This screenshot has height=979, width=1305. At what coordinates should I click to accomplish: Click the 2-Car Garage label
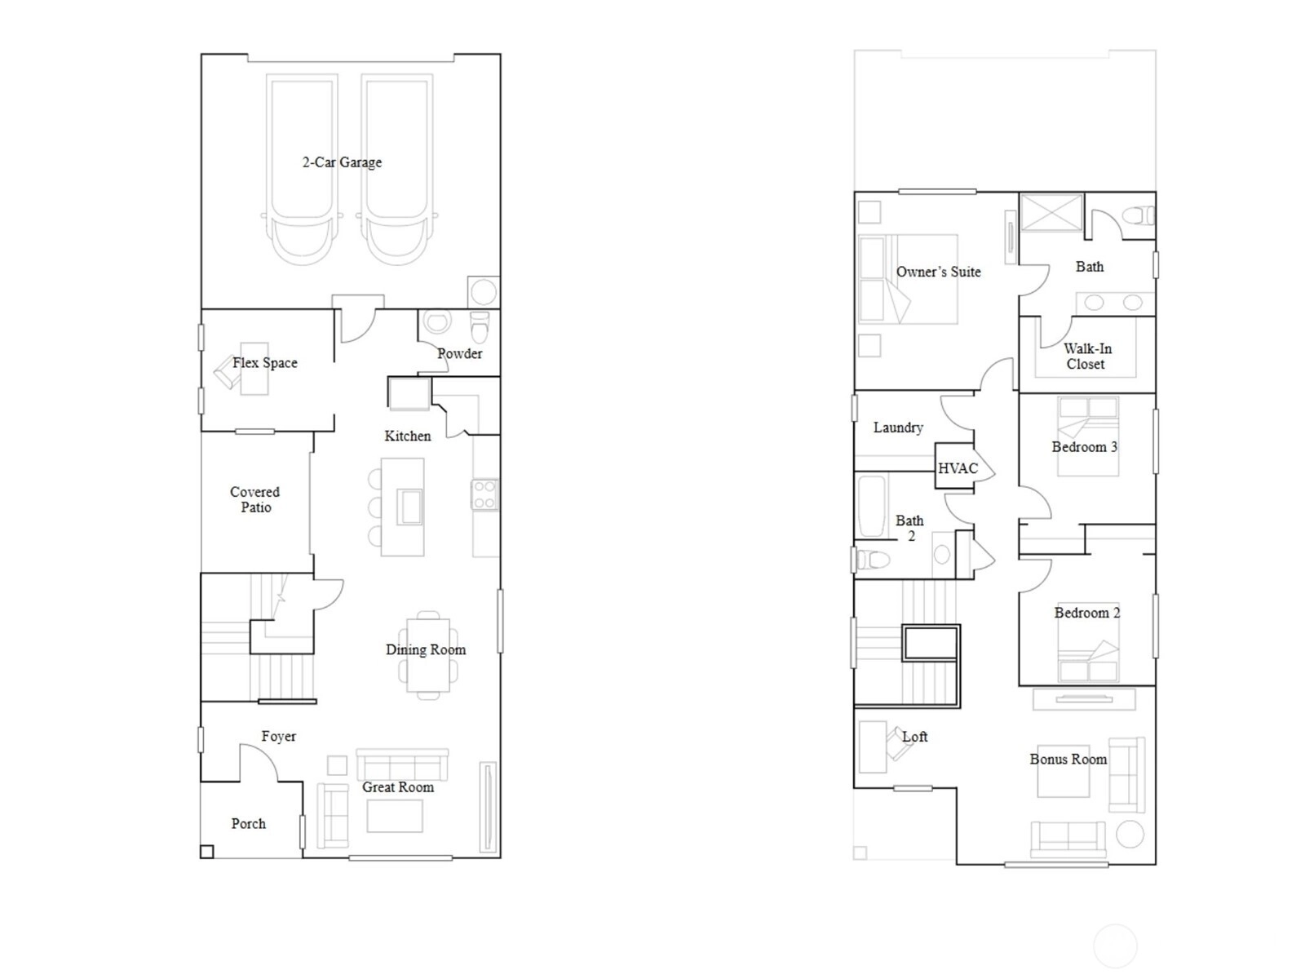342,162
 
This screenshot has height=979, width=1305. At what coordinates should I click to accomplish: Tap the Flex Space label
264,362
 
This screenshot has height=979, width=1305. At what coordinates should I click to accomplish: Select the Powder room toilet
480,327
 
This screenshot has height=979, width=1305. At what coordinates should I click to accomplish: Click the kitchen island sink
409,506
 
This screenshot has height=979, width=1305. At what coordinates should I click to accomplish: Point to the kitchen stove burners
484,494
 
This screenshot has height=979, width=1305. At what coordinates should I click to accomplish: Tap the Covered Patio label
255,499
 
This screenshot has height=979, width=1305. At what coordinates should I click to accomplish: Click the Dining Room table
428,655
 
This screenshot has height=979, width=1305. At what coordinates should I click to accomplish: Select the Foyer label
278,737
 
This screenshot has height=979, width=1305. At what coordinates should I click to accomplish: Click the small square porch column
206,851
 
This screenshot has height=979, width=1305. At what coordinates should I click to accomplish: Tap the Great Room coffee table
395,816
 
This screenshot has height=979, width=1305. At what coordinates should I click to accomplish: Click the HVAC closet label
958,468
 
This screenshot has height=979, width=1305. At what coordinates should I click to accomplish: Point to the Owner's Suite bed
908,279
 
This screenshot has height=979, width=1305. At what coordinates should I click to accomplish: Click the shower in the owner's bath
1051,211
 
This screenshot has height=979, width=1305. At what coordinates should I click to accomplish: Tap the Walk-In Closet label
1086,356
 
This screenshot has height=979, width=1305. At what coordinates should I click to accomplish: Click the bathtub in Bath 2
870,507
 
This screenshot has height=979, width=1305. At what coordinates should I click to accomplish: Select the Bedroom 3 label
1085,447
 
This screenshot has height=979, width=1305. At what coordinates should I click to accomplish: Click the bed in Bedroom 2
1088,642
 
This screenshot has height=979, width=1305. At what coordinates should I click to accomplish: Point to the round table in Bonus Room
1130,835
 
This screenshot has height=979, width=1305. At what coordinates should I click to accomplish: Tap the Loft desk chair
898,744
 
